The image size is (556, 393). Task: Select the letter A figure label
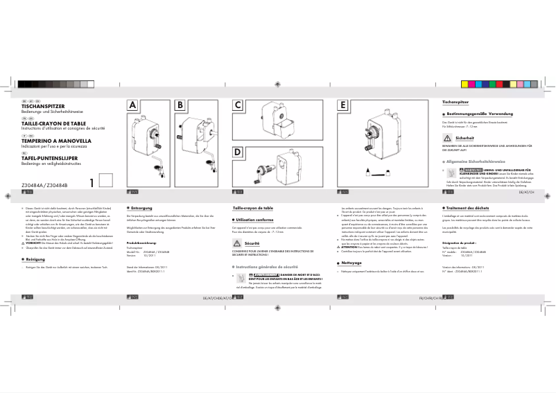click(133, 105)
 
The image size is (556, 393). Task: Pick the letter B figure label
click(180, 105)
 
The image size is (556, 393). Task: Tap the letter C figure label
click(238, 105)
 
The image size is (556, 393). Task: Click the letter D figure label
click(238, 152)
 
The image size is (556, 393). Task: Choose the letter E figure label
click(342, 105)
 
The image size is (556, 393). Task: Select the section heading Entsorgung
click(141, 208)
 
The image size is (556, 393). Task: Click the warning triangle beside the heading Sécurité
click(238, 245)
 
